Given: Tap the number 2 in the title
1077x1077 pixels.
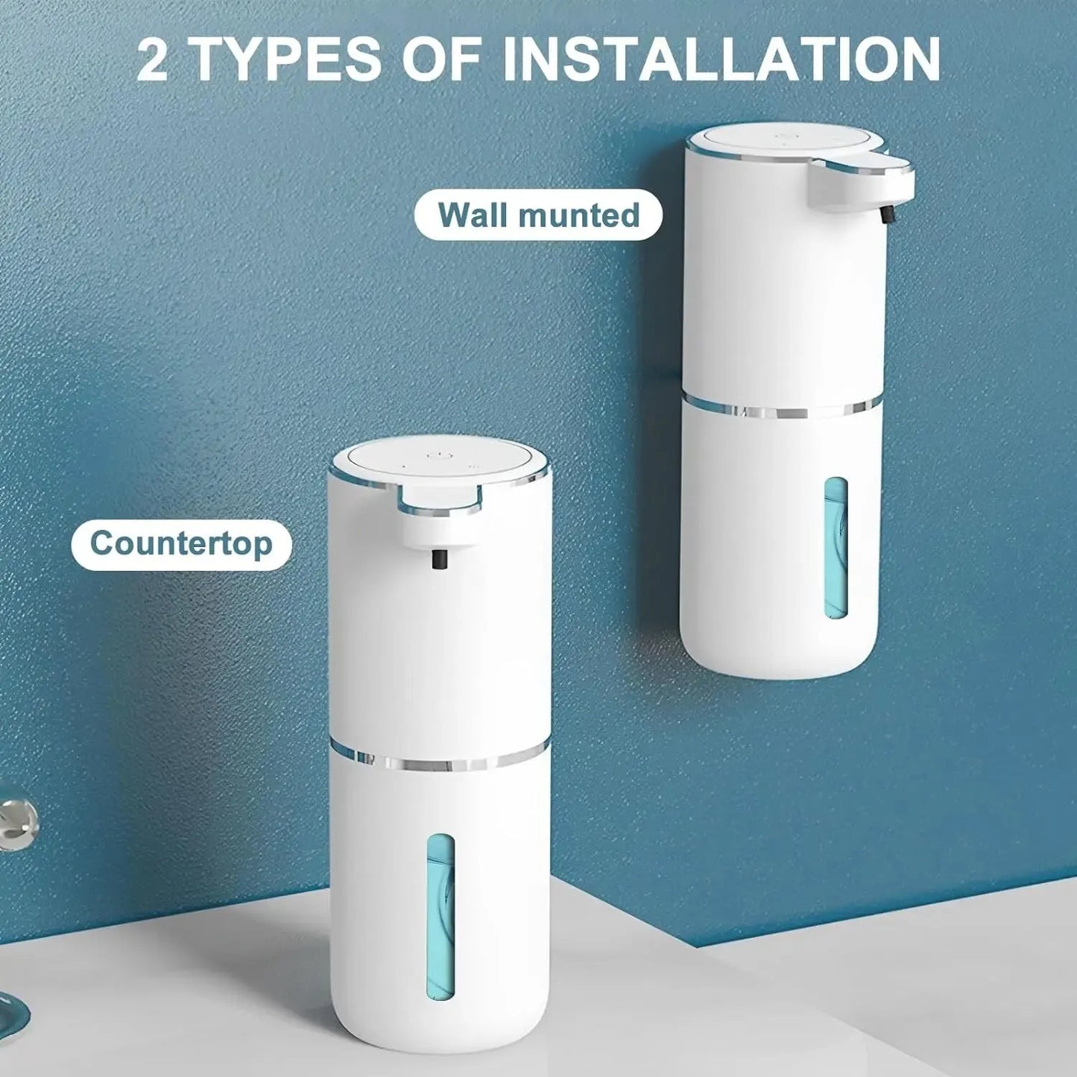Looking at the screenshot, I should pyautogui.click(x=153, y=61).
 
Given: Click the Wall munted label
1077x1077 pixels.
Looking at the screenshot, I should pyautogui.click(x=538, y=215).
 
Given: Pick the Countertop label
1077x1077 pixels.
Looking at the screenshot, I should pyautogui.click(x=181, y=543).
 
